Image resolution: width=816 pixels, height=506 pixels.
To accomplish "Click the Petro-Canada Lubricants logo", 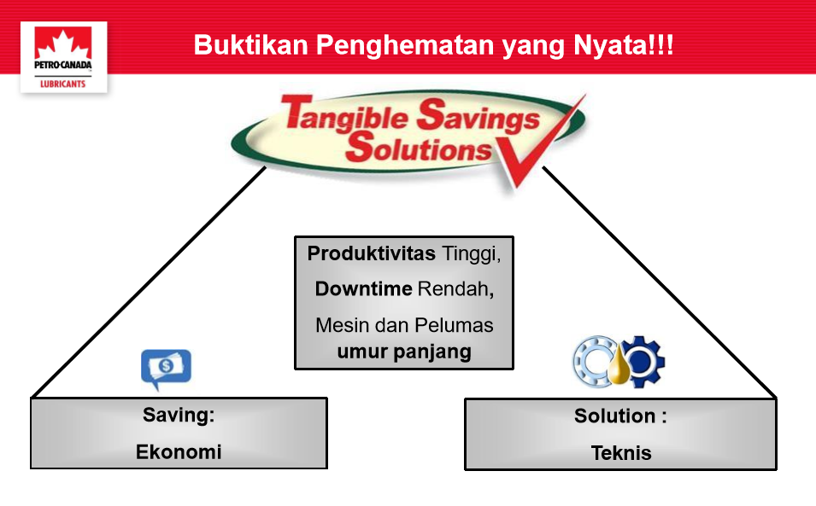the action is [63, 57].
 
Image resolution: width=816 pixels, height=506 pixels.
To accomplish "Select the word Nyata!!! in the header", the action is [624, 46].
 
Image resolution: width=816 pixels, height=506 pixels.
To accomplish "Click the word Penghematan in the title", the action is [405, 46].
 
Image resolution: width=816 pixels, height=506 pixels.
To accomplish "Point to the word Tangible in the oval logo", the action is [345, 113].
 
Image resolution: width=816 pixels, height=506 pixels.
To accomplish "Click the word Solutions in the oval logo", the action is [419, 147].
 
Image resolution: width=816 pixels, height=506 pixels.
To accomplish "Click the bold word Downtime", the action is [363, 289].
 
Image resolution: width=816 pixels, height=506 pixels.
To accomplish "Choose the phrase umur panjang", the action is [404, 352].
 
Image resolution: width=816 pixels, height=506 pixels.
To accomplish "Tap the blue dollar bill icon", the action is [166, 368].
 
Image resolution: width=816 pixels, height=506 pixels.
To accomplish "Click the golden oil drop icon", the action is [619, 366].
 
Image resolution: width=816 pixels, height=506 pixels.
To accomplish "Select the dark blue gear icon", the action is [643, 362].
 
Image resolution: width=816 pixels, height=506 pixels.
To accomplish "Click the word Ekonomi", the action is [179, 452].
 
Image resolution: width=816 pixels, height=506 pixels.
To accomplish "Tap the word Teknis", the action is [621, 453].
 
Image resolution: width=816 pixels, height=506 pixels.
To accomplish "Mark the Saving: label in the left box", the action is [179, 415].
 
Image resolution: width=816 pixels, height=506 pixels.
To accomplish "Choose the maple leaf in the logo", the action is [63, 44].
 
